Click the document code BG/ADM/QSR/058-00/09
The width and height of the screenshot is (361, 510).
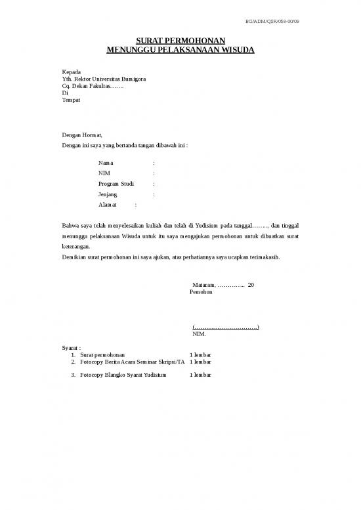click(276, 22)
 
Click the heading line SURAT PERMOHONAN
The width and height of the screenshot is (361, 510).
click(180, 41)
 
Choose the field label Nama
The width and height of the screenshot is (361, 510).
click(105, 162)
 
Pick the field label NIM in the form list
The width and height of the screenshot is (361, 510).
click(104, 173)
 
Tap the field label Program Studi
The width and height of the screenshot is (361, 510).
click(116, 184)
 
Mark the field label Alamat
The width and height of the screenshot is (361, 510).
click(108, 205)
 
